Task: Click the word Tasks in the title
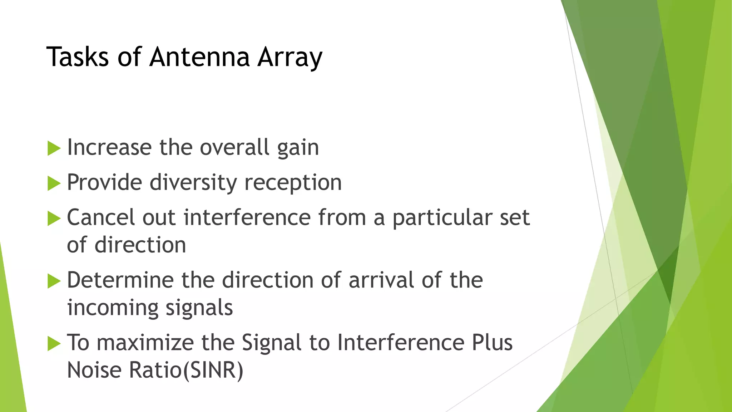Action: (x=77, y=57)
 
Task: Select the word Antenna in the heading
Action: (x=199, y=57)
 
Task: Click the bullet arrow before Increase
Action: (x=54, y=148)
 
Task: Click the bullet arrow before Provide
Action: (x=54, y=183)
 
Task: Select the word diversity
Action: (x=193, y=183)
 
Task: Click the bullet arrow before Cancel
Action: (x=54, y=218)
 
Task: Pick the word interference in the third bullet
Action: (x=247, y=217)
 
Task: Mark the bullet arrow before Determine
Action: (x=54, y=281)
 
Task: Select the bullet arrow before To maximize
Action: (x=54, y=343)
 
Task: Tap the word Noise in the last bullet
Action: (x=94, y=370)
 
